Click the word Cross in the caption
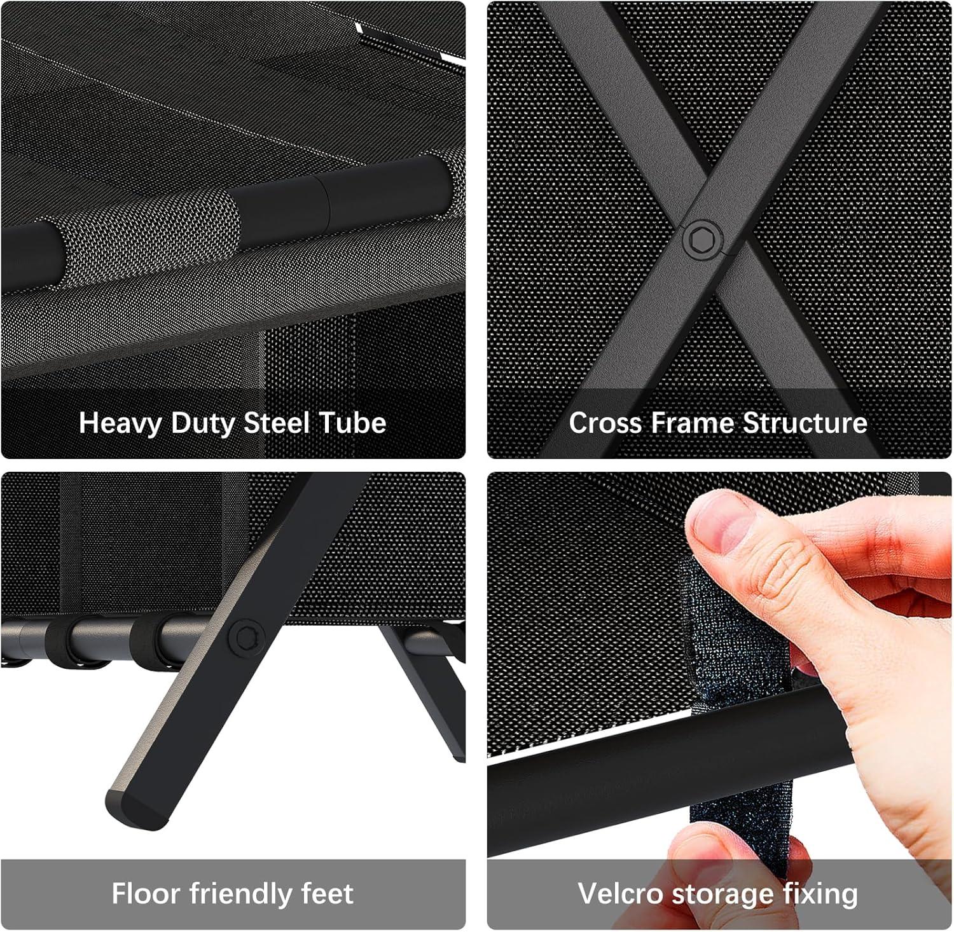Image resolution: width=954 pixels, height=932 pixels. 605,423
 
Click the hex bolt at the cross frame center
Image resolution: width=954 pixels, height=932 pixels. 703,240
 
